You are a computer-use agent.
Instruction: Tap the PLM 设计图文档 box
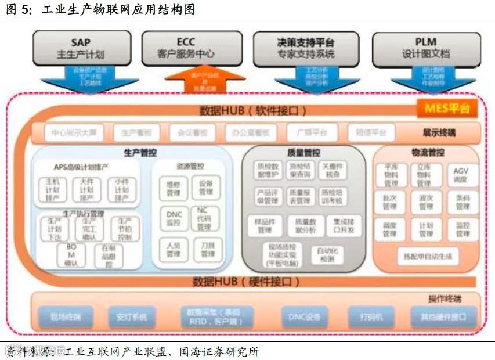425,49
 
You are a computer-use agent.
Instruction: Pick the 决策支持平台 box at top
305,49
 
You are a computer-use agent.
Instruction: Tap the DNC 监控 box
174,218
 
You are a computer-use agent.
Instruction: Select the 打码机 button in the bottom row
370,316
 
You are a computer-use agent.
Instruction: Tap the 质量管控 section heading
303,153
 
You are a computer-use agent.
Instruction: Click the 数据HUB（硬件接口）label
246,282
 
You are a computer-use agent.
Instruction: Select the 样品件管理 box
265,225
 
